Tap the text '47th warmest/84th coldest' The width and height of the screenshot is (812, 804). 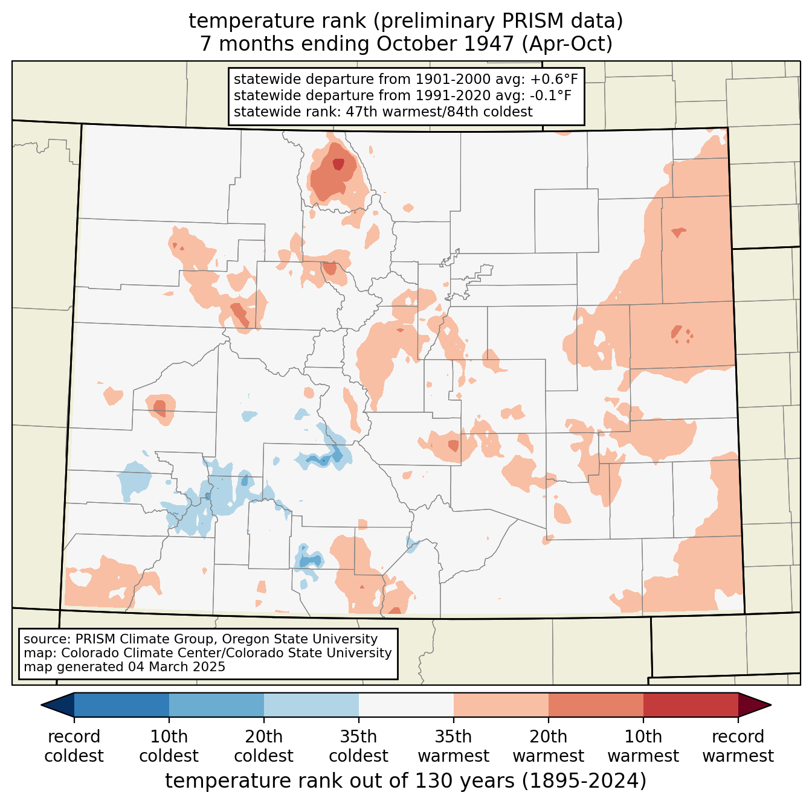[x=439, y=112]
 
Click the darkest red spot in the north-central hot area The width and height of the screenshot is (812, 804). [x=338, y=164]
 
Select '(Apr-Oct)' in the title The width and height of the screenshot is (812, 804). [x=567, y=43]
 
